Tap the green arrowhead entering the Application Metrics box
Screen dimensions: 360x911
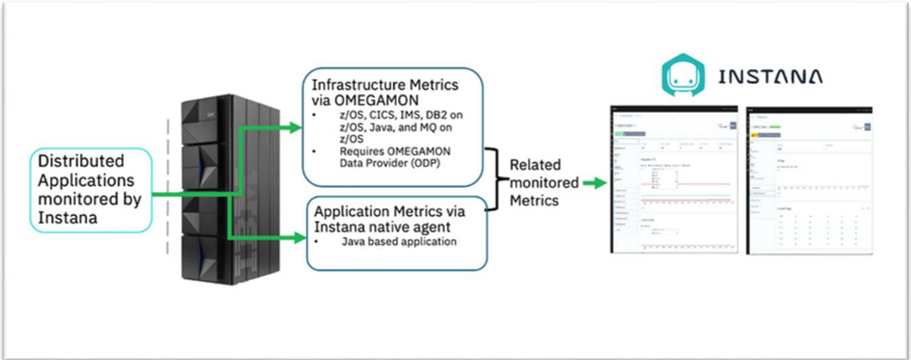[x=295, y=239]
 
